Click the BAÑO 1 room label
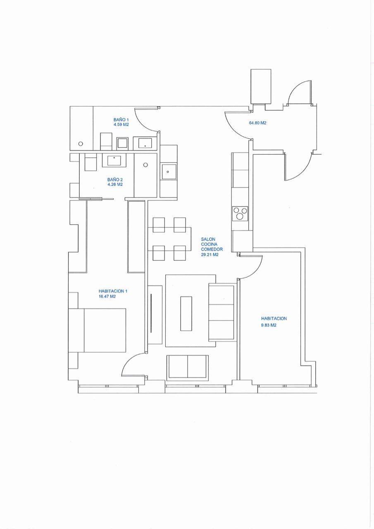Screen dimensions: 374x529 (121, 120)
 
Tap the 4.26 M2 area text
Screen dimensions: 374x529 (115, 184)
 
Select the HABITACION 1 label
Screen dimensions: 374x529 (113, 291)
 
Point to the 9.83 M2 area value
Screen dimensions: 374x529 (269, 325)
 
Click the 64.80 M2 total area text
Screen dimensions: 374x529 (257, 123)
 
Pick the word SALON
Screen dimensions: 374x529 (208, 239)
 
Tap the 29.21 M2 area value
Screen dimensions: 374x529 (210, 255)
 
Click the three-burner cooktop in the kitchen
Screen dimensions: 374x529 (240, 214)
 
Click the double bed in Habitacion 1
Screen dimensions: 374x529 (97, 330)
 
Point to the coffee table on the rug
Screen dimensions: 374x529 (186, 314)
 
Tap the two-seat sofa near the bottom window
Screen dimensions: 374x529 (188, 371)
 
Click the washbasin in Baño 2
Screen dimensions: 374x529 (114, 160)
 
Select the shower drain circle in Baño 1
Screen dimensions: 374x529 (81, 143)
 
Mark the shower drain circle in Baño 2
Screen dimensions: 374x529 (145, 165)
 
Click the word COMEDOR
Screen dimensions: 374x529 (212, 249)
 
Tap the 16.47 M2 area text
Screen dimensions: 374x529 (107, 297)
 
